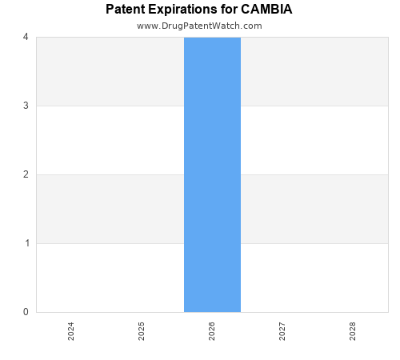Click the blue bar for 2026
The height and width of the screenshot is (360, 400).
212,174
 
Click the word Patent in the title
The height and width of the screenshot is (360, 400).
126,10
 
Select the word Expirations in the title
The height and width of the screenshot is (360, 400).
183,10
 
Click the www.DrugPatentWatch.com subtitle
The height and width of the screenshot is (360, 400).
199,26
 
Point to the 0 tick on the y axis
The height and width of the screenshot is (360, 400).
26,312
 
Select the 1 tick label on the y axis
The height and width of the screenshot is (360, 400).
26,243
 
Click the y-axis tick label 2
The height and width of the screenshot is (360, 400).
26,174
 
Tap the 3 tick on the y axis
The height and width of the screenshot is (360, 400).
26,106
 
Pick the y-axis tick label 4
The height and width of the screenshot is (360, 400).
26,37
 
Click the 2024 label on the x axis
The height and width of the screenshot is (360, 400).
71,331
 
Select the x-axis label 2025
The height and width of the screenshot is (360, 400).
142,331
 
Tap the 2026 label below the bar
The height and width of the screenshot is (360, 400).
212,331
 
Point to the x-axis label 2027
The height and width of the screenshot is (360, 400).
282,331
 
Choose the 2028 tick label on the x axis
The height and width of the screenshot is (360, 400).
353,331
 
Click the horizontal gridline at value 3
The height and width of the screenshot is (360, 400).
112,106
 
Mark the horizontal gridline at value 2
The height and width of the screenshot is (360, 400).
112,174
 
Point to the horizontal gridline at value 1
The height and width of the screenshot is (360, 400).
112,243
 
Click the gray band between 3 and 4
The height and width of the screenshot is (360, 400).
112,71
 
